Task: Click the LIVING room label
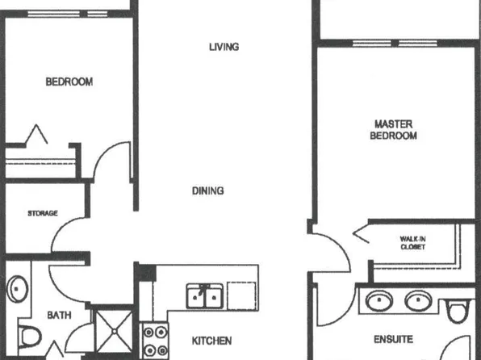click(224, 47)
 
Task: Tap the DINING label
click(207, 191)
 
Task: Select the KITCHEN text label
click(212, 341)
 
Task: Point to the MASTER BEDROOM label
click(393, 130)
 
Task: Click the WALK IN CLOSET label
click(412, 242)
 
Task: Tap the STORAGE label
click(42, 214)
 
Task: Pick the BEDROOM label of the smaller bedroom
click(69, 82)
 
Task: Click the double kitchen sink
click(205, 296)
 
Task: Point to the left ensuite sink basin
click(379, 302)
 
